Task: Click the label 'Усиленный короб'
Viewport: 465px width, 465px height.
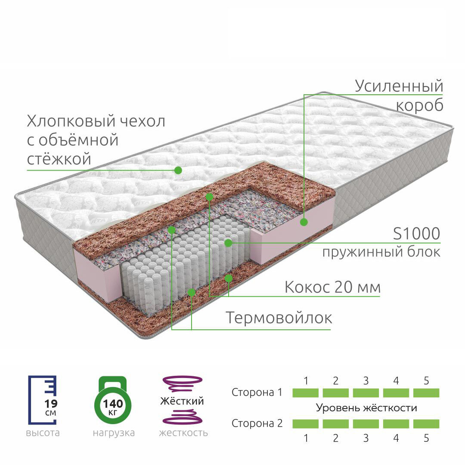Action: tap(399, 95)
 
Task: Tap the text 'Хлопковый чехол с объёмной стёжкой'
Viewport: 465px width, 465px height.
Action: tap(96, 140)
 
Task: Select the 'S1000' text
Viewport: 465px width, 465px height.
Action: tap(416, 234)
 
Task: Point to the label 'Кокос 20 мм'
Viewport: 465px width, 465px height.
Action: tap(333, 287)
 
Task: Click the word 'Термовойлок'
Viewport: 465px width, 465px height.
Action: tap(279, 318)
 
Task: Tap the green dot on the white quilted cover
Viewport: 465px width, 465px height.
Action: tap(178, 170)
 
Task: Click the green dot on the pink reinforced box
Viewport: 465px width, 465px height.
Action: tap(304, 222)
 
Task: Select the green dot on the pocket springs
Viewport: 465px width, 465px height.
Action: tap(228, 243)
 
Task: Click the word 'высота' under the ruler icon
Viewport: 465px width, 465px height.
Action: tap(43, 433)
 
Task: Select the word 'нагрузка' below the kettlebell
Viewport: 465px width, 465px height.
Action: tap(114, 433)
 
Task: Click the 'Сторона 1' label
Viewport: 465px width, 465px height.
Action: tap(257, 393)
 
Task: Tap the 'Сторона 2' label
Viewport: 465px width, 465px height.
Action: tap(257, 423)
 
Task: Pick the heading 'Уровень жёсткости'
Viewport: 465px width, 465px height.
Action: tap(366, 408)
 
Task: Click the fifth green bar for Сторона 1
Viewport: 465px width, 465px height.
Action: tap(426, 393)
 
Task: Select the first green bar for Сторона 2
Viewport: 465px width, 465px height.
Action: tap(306, 424)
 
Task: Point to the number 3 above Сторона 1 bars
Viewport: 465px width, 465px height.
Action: tap(366, 381)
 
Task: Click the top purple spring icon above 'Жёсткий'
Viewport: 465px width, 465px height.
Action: tap(182, 382)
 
